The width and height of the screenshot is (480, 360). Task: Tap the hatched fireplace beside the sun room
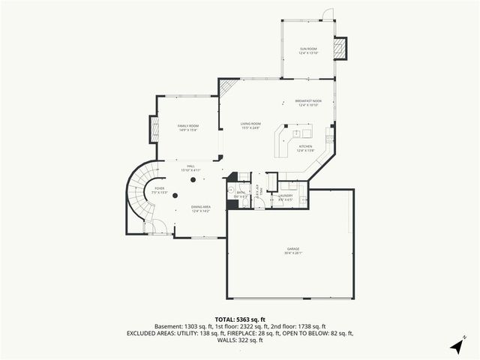(340, 49)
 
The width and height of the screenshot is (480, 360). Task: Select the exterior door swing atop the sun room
(326, 14)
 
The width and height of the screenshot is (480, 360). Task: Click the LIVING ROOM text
(250, 124)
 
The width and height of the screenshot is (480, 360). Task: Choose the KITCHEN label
(305, 148)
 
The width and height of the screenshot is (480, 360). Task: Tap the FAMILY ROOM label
(187, 127)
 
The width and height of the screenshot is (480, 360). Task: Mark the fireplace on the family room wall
(154, 129)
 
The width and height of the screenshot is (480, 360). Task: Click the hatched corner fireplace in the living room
(227, 88)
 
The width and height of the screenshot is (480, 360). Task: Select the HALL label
(191, 167)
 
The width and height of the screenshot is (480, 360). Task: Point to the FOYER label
(159, 189)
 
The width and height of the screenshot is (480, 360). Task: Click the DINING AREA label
(200, 208)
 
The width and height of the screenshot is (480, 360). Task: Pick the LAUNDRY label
(285, 196)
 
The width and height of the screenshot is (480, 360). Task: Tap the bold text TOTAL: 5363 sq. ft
(239, 319)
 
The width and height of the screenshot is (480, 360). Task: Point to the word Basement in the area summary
(168, 326)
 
